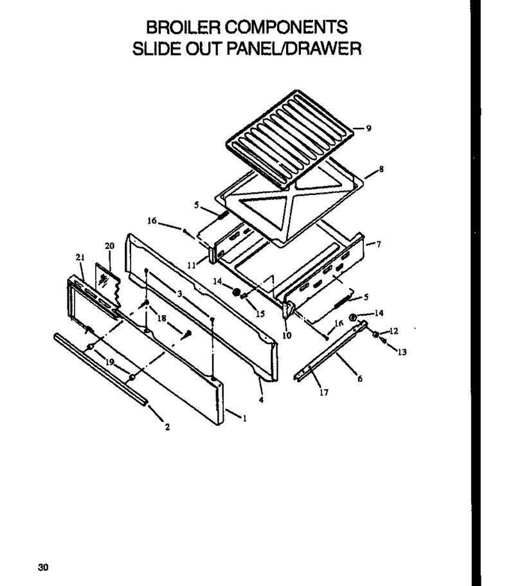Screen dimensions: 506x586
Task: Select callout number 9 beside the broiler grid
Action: (x=369, y=128)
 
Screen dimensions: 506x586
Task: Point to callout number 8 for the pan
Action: (x=381, y=169)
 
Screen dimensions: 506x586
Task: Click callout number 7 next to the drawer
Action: (x=379, y=244)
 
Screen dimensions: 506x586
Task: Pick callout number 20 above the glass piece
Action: (x=109, y=246)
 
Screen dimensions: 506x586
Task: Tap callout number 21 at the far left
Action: (x=80, y=257)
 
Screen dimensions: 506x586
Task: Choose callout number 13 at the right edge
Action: (x=402, y=352)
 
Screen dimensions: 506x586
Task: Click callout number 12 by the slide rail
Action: (x=393, y=331)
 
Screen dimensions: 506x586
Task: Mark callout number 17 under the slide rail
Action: (x=324, y=392)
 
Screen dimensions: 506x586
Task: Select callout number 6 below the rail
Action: (x=360, y=379)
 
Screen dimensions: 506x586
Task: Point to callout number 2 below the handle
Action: (x=167, y=426)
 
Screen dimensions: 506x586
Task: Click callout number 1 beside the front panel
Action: (x=244, y=419)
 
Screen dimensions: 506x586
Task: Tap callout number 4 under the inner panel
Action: (x=261, y=400)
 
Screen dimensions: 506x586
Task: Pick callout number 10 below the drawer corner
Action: (x=287, y=335)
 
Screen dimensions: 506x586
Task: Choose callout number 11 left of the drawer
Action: (x=192, y=266)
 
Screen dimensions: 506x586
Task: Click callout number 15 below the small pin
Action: (x=260, y=313)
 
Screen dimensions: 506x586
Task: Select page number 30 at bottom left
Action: (x=43, y=568)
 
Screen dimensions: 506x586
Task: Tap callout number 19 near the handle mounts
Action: (x=110, y=362)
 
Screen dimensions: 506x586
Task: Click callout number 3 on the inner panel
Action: (x=179, y=294)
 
